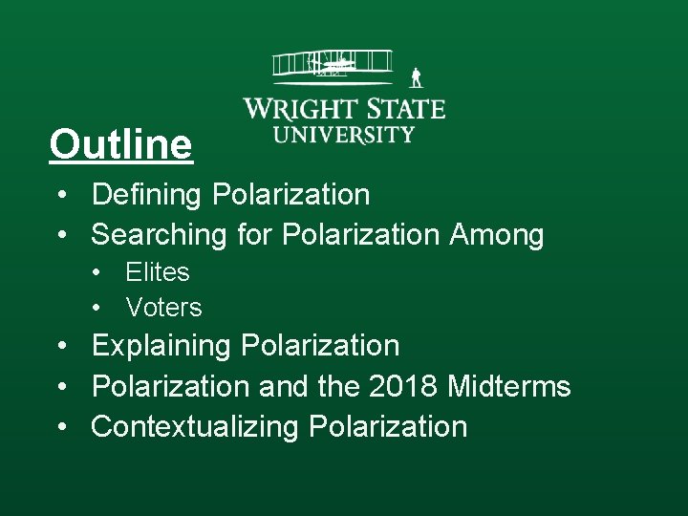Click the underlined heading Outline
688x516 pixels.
click(120, 145)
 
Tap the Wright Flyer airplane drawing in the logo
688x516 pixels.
click(332, 65)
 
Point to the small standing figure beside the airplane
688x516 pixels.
click(416, 78)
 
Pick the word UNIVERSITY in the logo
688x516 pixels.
click(344, 135)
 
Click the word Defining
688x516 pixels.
click(148, 195)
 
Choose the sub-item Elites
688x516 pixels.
click(158, 272)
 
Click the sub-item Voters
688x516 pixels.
click(163, 308)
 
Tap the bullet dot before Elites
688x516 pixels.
click(97, 273)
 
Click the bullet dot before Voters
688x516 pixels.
click(97, 309)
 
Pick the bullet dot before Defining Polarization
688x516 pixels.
click(61, 196)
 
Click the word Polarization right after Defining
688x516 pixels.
click(290, 195)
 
